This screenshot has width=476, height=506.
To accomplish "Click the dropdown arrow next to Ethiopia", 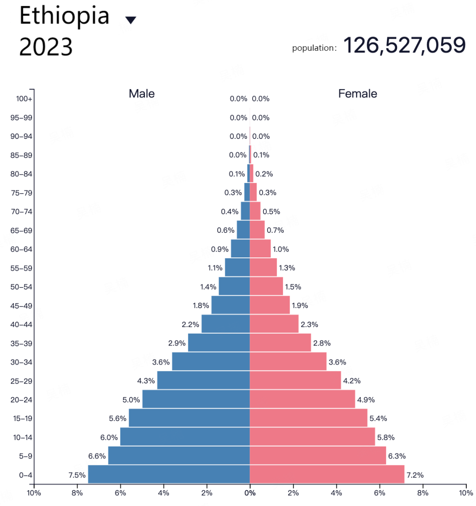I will [131, 20].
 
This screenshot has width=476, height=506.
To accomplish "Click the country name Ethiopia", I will [64, 16].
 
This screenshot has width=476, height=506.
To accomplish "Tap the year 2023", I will [46, 47].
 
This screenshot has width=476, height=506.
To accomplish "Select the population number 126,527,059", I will [404, 45].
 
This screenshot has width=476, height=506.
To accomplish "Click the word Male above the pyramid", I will [141, 93].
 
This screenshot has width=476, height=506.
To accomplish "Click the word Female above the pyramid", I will [357, 93].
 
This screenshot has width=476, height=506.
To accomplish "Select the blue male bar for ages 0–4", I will [169, 474].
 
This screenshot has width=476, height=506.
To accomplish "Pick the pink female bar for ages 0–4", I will [327, 474].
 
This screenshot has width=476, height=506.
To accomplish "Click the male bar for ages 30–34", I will [211, 361].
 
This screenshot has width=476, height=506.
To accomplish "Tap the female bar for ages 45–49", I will [270, 305].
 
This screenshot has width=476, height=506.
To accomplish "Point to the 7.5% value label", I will [77, 475].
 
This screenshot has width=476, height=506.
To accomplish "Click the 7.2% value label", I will [415, 475].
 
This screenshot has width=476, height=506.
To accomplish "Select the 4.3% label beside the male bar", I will [146, 381].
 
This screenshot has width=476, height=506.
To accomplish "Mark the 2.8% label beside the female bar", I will [322, 343].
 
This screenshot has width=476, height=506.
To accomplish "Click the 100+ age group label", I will [24, 99].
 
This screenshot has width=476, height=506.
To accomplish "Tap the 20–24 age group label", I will [22, 400].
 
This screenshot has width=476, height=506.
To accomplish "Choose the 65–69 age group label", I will [22, 231].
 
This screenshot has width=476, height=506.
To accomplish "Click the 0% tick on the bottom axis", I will [250, 493].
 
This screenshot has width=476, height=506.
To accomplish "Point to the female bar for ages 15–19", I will [309, 418].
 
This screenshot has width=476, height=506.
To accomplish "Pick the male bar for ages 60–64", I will [240, 249].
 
